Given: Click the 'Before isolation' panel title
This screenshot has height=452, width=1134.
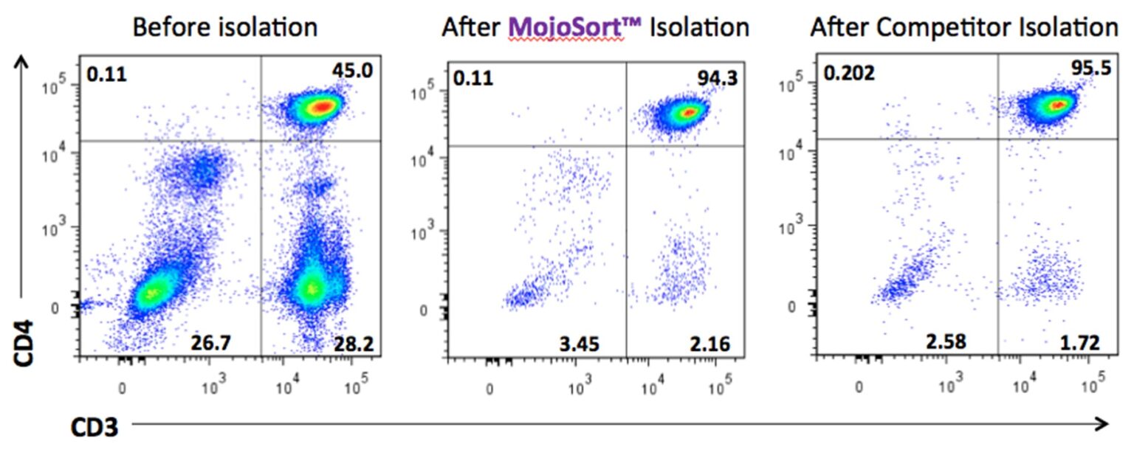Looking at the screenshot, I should point(225,28).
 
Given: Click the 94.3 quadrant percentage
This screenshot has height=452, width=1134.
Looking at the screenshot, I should point(717,78).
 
